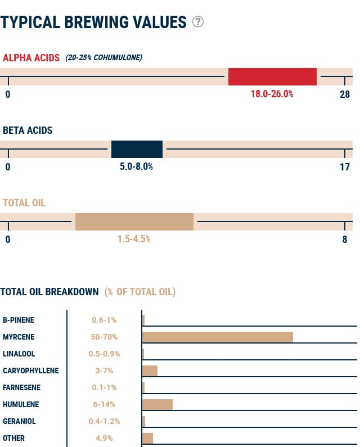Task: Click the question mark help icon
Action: click(x=198, y=22)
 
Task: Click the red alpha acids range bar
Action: click(x=272, y=76)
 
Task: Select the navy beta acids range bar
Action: click(x=137, y=149)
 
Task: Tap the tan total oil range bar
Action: click(x=134, y=222)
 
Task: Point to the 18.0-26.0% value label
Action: click(x=272, y=94)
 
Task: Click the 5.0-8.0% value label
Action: click(x=136, y=166)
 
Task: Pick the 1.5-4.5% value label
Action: click(x=134, y=239)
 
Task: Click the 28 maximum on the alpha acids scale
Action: click(x=345, y=94)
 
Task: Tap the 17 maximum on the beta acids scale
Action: click(x=345, y=166)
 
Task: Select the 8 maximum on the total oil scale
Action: click(x=345, y=239)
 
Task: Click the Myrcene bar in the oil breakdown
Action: click(x=218, y=337)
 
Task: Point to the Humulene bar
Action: click(x=157, y=404)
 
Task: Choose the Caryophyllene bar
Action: click(x=150, y=371)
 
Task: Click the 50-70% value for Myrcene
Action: click(x=104, y=337)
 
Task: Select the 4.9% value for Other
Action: click(x=104, y=438)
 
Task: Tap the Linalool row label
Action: click(x=19, y=354)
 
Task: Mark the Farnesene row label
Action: click(x=20, y=387)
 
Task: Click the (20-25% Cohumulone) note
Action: click(x=103, y=57)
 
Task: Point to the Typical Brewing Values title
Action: click(x=93, y=22)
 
